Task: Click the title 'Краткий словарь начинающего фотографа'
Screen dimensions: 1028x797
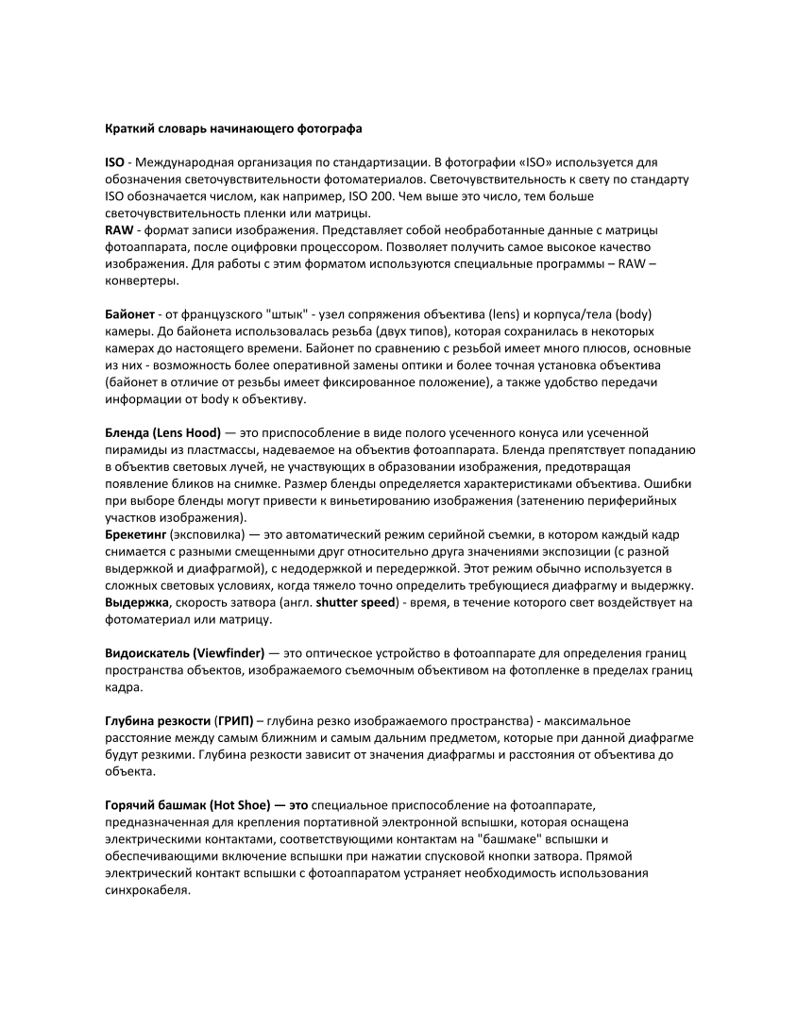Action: [x=231, y=126]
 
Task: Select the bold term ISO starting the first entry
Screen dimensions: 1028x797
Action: [x=112, y=162]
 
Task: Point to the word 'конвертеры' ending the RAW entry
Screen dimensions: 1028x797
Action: [x=141, y=280]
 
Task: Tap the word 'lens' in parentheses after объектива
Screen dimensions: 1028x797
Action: [x=507, y=313]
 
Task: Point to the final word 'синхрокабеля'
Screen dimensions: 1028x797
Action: [x=145, y=890]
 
